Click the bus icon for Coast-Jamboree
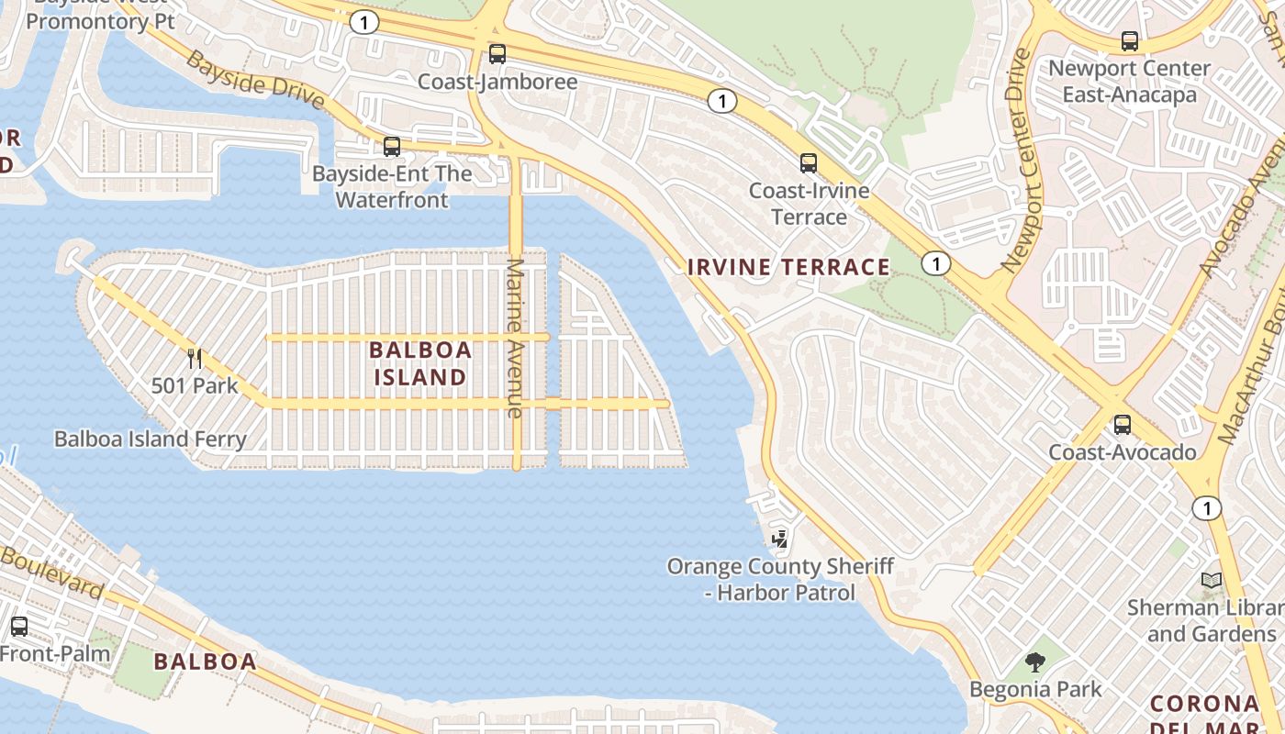(497, 54)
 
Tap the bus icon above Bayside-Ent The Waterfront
(392, 147)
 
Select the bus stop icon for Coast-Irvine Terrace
(808, 163)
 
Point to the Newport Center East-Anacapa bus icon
(1129, 41)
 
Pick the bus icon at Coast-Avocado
(1122, 425)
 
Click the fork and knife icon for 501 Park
(194, 359)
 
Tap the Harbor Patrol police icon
(779, 539)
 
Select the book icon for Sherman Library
(1212, 581)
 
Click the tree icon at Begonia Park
(1035, 662)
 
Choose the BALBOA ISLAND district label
(420, 363)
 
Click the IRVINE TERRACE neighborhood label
(788, 267)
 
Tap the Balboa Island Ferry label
(151, 439)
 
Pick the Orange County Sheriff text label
(779, 566)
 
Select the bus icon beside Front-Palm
(19, 627)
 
